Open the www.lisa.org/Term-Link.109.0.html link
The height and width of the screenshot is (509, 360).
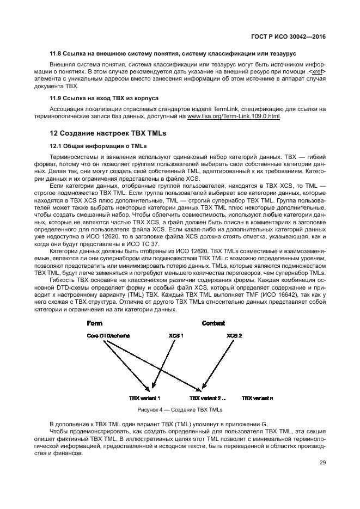[234, 116]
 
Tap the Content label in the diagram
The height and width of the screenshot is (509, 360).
[213, 323]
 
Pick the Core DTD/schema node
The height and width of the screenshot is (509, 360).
[108, 336]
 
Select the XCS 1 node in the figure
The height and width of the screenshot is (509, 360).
[176, 336]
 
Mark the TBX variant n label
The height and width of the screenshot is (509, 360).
[258, 398]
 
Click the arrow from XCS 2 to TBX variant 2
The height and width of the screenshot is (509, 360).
[218, 365]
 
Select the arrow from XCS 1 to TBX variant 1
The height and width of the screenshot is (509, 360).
[162, 365]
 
